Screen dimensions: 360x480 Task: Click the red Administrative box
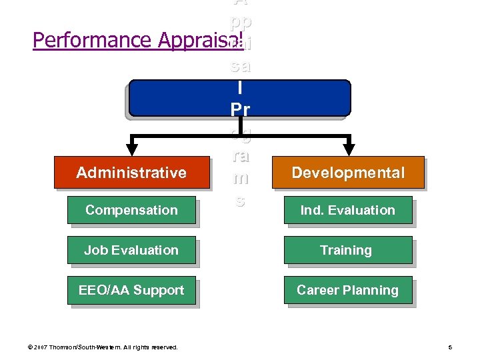[x=131, y=173]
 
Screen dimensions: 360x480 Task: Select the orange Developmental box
[x=348, y=173]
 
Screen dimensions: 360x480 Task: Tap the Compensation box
[x=131, y=210]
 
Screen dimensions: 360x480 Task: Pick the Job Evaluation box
[x=131, y=250]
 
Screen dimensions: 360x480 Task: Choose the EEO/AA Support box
[x=131, y=290]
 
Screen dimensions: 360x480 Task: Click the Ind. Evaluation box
[x=348, y=210]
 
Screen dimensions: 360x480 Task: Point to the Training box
[x=348, y=250]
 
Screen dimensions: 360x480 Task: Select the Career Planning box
[x=348, y=290]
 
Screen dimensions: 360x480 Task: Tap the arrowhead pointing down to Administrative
[x=132, y=145]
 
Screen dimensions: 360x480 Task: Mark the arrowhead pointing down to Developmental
[x=349, y=145]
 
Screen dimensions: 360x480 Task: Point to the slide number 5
[x=450, y=347]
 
